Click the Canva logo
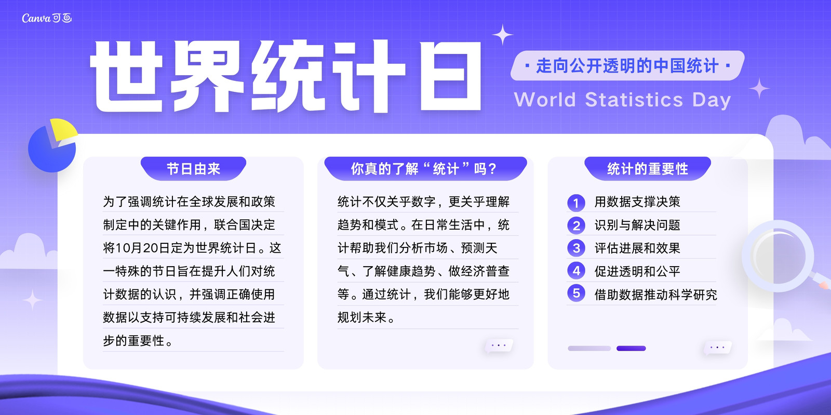pyautogui.click(x=47, y=18)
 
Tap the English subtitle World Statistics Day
pyautogui.click(x=623, y=100)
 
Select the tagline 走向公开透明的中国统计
pyautogui.click(x=627, y=66)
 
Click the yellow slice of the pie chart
pyautogui.click(x=64, y=129)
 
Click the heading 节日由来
pyautogui.click(x=193, y=169)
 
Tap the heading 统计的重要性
pyautogui.click(x=647, y=169)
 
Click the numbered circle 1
pyautogui.click(x=576, y=203)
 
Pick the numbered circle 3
pyautogui.click(x=576, y=248)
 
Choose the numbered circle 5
pyautogui.click(x=576, y=293)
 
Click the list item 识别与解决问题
pyautogui.click(x=637, y=225)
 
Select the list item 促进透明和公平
pyautogui.click(x=637, y=271)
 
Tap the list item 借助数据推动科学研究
pyautogui.click(x=655, y=295)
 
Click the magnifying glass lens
pyautogui.click(x=778, y=256)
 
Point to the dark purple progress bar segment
pyautogui.click(x=631, y=348)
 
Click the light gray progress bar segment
pyautogui.click(x=589, y=348)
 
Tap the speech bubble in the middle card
pyautogui.click(x=499, y=345)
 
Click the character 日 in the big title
pyautogui.click(x=450, y=76)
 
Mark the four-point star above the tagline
pyautogui.click(x=503, y=35)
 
